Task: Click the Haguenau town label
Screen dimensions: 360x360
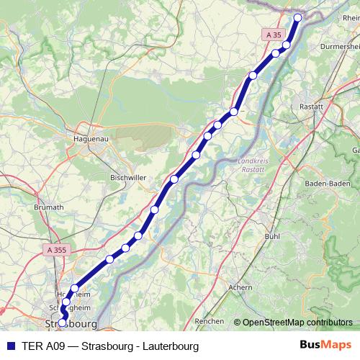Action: pyautogui.click(x=91, y=139)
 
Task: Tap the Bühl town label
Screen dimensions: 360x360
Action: pyautogui.click(x=272, y=235)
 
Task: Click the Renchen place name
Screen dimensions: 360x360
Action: pyautogui.click(x=210, y=320)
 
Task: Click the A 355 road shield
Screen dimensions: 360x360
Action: pyautogui.click(x=46, y=249)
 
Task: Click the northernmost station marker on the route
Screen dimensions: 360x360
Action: pyautogui.click(x=298, y=17)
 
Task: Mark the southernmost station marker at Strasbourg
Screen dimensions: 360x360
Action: pyautogui.click(x=62, y=323)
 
